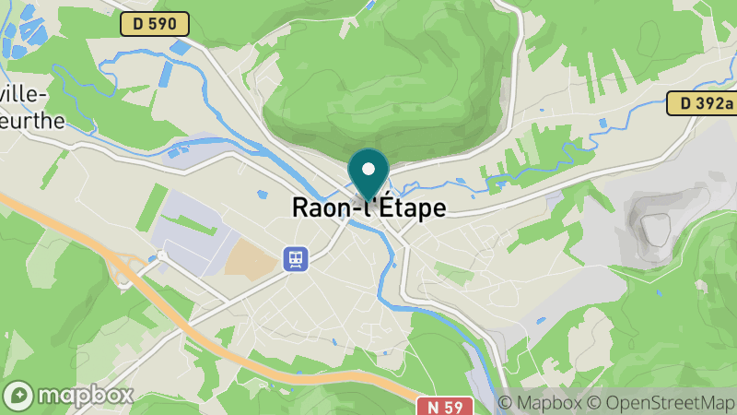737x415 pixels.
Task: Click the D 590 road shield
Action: [154, 24]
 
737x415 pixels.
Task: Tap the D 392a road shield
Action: [700, 103]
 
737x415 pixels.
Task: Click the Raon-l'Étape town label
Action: [368, 207]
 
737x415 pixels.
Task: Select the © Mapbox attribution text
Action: [539, 403]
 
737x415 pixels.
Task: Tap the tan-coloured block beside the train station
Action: [252, 261]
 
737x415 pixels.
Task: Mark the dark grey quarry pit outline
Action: [655, 227]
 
